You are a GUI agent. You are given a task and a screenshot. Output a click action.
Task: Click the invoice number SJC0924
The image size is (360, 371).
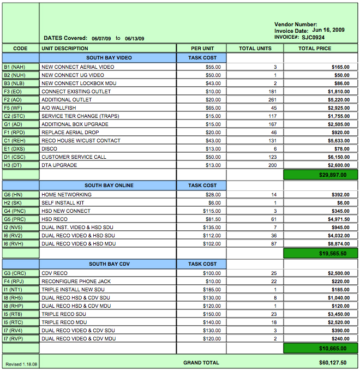314,38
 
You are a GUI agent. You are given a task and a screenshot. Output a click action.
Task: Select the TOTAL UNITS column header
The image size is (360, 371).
255,49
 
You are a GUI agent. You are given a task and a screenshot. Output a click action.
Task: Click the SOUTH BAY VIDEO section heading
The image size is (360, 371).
109,57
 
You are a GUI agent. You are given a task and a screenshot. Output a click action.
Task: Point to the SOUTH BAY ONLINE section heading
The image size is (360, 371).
109,185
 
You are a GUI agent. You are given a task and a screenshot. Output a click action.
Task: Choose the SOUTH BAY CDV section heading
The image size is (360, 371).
109,264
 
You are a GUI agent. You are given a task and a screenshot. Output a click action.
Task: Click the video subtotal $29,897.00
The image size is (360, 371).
320,175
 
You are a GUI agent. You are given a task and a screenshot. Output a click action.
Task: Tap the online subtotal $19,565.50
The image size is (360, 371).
320,254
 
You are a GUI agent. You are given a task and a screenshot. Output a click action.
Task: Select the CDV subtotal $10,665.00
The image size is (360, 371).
320,348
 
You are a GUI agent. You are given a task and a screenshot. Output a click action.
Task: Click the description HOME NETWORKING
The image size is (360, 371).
67,195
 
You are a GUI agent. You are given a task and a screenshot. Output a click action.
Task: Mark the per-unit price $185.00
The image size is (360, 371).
212,290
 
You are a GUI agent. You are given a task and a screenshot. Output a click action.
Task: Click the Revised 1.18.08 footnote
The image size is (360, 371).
21,364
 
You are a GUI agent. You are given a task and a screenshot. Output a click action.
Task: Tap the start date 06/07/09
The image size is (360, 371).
101,39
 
